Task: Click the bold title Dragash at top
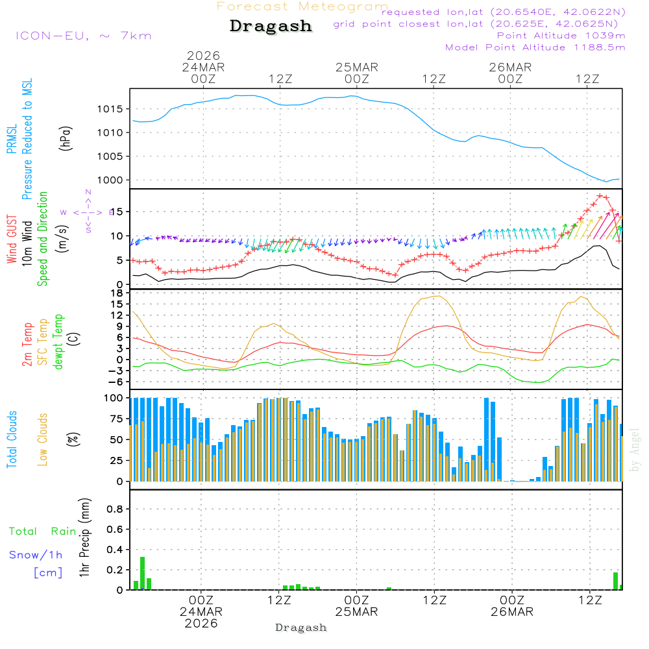point(271,27)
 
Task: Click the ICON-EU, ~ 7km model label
point(83,36)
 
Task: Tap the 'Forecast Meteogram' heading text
point(302,6)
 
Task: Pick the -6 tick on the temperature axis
point(117,382)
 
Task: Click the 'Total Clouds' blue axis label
point(12,439)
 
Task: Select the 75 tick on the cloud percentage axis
point(117,419)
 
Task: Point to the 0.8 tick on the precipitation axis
point(115,509)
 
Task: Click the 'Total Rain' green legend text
point(43,532)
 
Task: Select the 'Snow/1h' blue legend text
point(36,555)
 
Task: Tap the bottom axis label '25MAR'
point(356,612)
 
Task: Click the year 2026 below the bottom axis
point(201,623)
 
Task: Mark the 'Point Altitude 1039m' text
point(561,36)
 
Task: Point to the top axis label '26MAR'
point(510,67)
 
